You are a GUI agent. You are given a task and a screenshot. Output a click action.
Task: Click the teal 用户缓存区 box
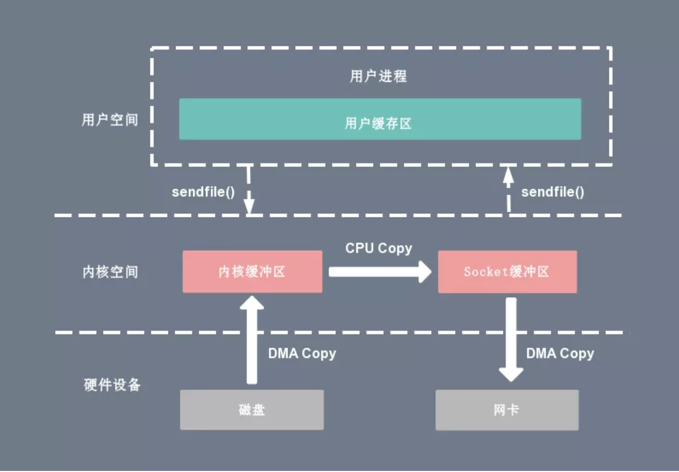380,119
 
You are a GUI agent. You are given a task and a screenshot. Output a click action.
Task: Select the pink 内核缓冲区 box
252,272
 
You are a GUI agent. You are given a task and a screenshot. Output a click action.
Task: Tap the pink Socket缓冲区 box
507,272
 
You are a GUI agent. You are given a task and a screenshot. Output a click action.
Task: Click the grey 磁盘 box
251,410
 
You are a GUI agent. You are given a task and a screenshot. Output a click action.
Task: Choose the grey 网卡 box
506,410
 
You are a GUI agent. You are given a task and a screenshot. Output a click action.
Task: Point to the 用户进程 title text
378,76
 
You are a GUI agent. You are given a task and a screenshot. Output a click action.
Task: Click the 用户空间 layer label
110,120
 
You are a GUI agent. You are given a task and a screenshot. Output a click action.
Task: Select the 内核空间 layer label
110,272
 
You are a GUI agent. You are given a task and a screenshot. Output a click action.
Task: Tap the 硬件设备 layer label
112,384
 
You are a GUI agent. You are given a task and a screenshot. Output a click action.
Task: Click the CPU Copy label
378,248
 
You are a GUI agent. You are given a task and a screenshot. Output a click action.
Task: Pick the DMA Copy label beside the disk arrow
302,353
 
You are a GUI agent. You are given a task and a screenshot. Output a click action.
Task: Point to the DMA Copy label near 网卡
559,353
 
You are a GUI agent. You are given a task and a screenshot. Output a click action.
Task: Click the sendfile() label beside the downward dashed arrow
203,192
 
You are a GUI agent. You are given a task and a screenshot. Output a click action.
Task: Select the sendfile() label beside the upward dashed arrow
552,192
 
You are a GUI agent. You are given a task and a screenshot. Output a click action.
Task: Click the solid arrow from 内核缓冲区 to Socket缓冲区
380,272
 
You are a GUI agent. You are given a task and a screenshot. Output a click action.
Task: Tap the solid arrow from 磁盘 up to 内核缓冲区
251,340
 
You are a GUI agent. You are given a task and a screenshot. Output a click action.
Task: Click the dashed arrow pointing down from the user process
249,190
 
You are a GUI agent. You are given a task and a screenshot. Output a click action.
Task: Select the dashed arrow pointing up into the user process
508,190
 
